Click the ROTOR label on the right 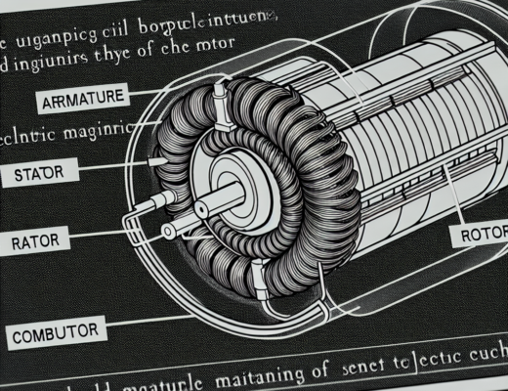pos(480,236)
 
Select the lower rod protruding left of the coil pos(170,231)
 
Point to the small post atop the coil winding pos(220,94)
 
